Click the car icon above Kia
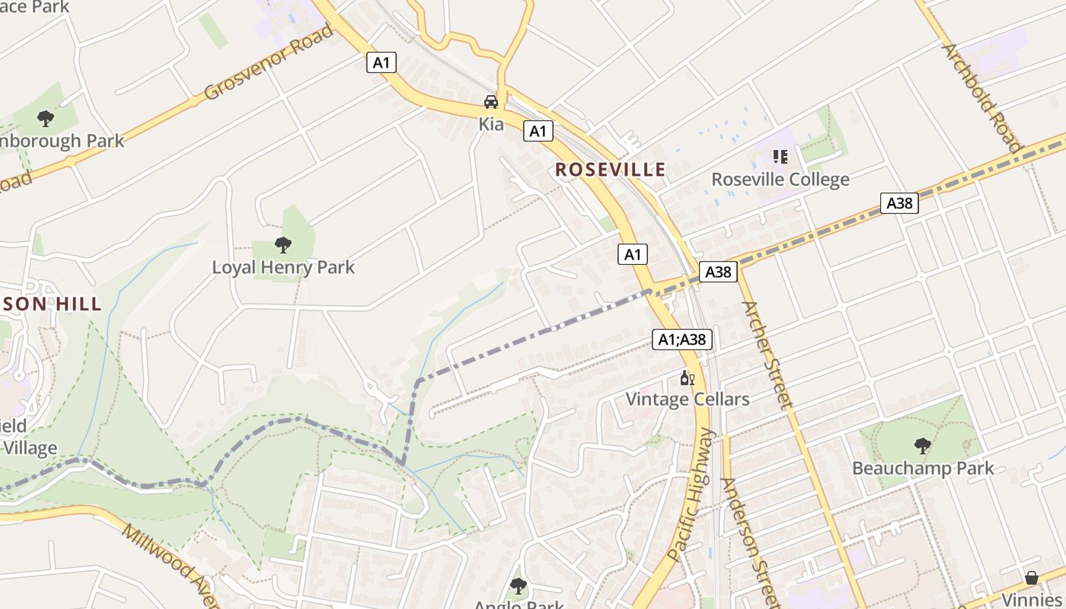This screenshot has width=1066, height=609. [491, 101]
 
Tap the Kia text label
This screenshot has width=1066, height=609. [491, 123]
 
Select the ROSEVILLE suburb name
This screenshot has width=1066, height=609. [610, 170]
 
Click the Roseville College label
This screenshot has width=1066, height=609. [780, 180]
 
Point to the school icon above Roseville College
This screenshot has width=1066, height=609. [780, 157]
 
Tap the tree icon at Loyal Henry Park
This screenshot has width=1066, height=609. [283, 244]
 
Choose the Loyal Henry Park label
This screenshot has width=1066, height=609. [283, 267]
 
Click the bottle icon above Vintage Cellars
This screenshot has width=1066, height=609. [687, 378]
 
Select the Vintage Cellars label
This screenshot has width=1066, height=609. [687, 399]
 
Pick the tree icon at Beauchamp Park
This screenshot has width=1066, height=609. [923, 445]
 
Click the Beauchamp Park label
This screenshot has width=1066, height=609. [923, 467]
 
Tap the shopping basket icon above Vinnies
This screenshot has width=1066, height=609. [1031, 578]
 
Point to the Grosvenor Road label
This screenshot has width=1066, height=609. [269, 62]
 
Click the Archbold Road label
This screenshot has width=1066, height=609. [981, 97]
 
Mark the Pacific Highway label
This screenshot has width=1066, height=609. [692, 495]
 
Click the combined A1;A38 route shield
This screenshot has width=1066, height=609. [682, 340]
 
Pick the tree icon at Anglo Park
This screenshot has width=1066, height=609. [519, 585]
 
